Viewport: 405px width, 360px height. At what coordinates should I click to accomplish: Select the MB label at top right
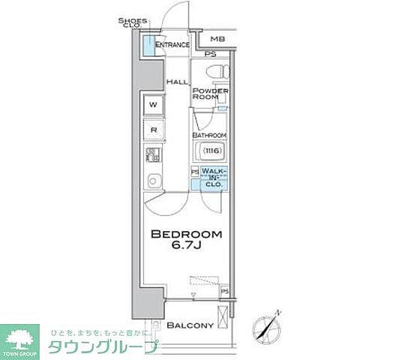tap(217, 39)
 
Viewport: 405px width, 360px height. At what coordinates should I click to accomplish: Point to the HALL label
tap(177, 82)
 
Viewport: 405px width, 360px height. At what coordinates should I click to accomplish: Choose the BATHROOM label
tap(208, 136)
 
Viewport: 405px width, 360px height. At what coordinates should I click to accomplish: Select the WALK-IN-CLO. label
tap(214, 178)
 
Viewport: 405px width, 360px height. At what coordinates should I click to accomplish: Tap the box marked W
tap(153, 104)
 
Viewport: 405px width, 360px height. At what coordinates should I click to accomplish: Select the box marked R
tap(153, 130)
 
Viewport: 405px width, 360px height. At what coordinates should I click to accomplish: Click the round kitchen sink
tap(153, 181)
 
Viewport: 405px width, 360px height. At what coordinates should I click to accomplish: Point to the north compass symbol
tap(268, 324)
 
